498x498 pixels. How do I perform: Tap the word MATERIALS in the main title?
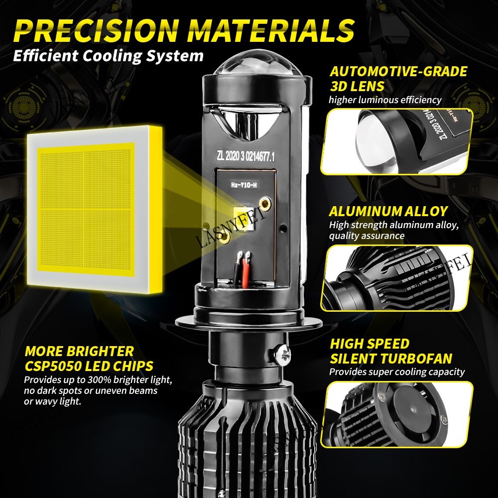[x=271, y=30]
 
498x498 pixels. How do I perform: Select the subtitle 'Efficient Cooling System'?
[x=108, y=56]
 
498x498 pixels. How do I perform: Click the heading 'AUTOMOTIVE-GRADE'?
[x=398, y=71]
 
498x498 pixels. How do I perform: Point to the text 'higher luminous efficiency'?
[x=385, y=100]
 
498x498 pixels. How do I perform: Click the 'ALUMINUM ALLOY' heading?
[x=388, y=211]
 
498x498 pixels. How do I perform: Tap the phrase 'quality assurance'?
[x=367, y=236]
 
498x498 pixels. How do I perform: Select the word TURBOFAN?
[x=416, y=358]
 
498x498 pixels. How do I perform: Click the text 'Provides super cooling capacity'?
[x=397, y=372]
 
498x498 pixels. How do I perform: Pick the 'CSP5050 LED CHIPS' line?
[x=89, y=366]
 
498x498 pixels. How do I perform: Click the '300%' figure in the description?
[x=99, y=379]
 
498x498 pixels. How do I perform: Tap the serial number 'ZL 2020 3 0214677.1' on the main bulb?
[x=246, y=156]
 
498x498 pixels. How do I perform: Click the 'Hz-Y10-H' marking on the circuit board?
[x=244, y=185]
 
